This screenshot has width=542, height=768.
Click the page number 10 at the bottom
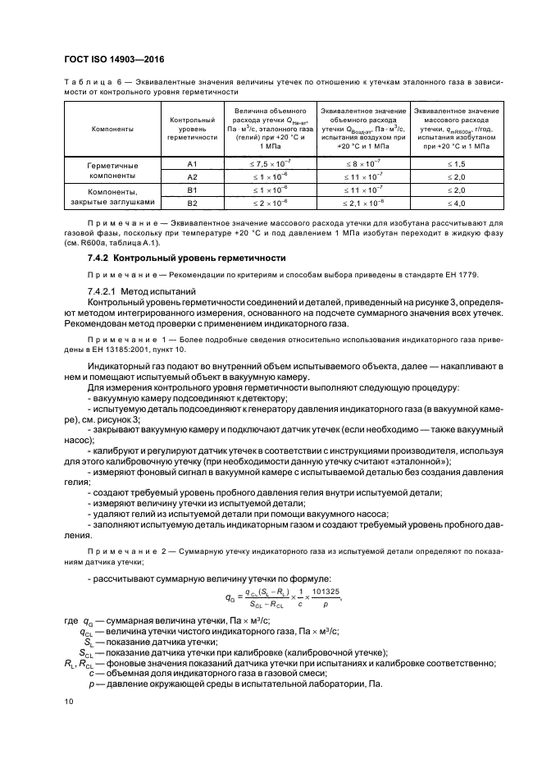click(x=69, y=702)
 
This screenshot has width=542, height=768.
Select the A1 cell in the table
click(x=193, y=164)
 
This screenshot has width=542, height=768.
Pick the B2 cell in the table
click(x=193, y=202)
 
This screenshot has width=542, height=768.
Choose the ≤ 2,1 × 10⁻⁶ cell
click(x=362, y=202)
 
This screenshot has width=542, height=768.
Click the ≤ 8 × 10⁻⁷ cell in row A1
click(x=362, y=164)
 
